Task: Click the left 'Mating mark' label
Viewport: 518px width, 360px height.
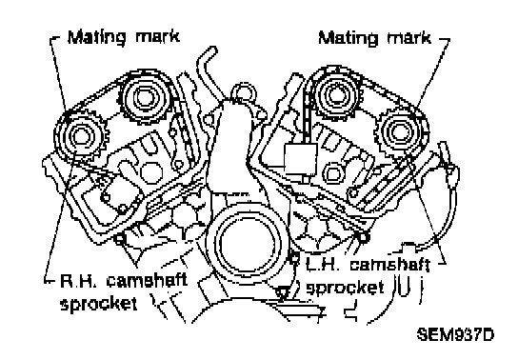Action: [124, 37]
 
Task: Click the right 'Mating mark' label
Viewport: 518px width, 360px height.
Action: [374, 38]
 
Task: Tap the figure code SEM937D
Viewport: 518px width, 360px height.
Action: [455, 334]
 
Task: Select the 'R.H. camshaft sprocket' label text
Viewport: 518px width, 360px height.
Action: [124, 292]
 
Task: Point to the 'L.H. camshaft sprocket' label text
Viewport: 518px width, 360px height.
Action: [368, 275]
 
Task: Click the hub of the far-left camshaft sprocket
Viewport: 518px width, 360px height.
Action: [80, 136]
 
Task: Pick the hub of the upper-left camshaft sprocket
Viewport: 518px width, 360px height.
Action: [144, 97]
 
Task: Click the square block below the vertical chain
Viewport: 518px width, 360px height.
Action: [301, 159]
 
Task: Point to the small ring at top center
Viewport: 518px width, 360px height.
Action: [244, 93]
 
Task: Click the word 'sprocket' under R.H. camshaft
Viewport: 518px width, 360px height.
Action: [98, 303]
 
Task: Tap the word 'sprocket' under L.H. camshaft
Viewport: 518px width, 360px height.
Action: [345, 287]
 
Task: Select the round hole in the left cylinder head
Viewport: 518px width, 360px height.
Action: [151, 171]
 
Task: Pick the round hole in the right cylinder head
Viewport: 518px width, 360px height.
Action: [334, 172]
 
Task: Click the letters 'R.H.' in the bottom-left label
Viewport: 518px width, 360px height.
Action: [79, 281]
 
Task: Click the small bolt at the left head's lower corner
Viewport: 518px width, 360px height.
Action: [119, 238]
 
